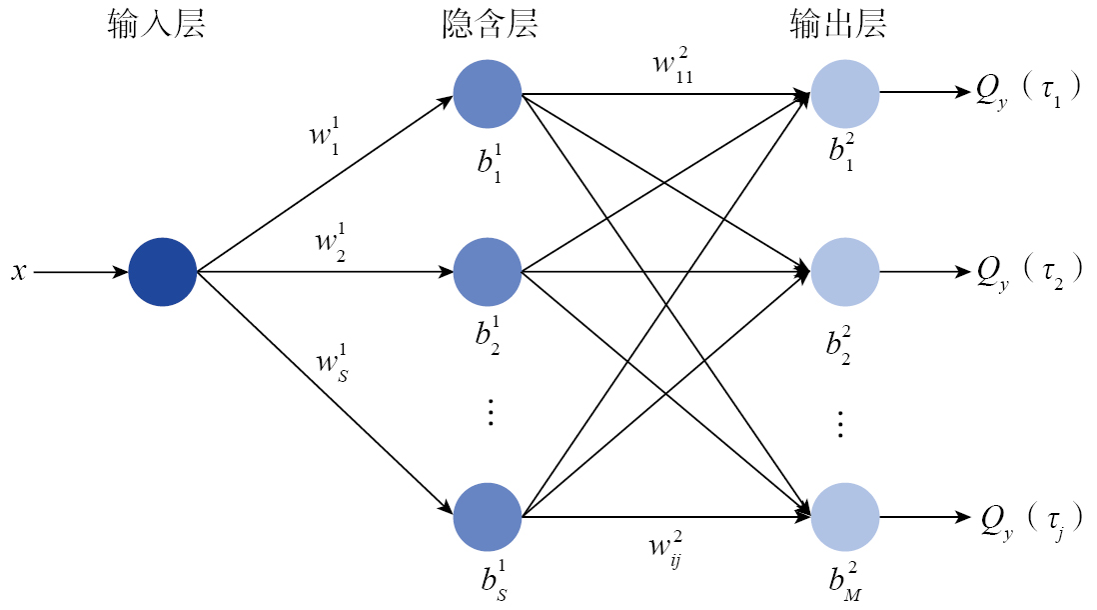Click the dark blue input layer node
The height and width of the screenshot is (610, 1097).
pyautogui.click(x=163, y=271)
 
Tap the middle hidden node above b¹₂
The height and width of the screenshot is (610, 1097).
pyautogui.click(x=488, y=271)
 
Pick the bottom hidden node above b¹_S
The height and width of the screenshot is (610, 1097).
pyautogui.click(x=488, y=517)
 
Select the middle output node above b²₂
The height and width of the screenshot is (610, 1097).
pyautogui.click(x=845, y=271)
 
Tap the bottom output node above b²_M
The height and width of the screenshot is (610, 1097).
pyautogui.click(x=845, y=517)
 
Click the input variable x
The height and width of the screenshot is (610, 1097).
pyautogui.click(x=18, y=271)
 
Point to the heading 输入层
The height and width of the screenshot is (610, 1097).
pyautogui.click(x=156, y=25)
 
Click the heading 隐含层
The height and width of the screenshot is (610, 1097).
pyautogui.click(x=490, y=25)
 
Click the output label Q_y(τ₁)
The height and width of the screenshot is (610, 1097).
pyautogui.click(x=1027, y=93)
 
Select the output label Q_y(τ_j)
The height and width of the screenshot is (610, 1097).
pyautogui.click(x=1027, y=519)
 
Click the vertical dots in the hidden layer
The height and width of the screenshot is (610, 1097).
pyautogui.click(x=491, y=412)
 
